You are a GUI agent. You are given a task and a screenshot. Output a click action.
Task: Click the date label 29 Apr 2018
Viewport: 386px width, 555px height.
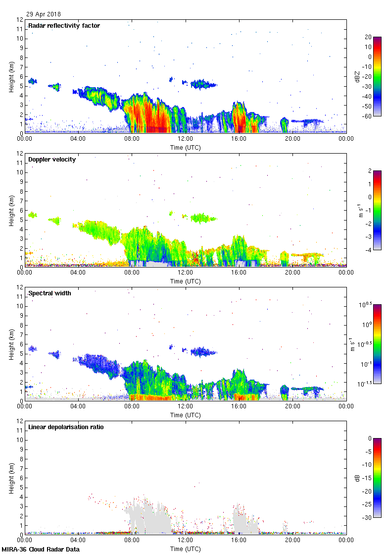(44, 14)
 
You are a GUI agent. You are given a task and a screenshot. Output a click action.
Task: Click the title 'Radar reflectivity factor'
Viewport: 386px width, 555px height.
(64, 26)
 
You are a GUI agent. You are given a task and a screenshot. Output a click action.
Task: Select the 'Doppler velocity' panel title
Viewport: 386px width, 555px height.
(52, 160)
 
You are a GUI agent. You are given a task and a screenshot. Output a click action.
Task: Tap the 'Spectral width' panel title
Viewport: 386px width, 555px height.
(49, 293)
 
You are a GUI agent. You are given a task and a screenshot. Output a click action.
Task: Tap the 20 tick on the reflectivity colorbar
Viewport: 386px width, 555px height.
(368, 37)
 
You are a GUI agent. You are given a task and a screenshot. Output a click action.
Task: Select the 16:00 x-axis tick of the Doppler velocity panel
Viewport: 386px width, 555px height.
(239, 272)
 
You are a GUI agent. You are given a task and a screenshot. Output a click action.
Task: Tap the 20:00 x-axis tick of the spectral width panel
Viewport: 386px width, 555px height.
(292, 406)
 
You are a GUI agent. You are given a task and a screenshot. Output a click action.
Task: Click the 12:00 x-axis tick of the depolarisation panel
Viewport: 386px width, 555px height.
(185, 540)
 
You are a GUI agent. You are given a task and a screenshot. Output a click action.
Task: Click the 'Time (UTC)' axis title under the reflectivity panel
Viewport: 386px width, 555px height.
(185, 147)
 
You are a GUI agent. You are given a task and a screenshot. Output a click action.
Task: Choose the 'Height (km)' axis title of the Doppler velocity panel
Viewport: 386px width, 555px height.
(11, 210)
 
